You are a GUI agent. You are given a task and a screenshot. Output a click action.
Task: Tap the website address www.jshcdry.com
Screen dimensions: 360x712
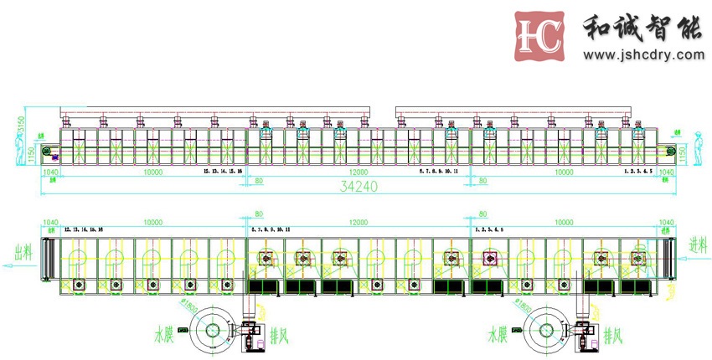643,55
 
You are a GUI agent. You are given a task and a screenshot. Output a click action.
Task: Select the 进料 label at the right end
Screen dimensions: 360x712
694,244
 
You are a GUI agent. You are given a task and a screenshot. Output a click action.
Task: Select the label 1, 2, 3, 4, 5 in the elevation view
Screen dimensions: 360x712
637,170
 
